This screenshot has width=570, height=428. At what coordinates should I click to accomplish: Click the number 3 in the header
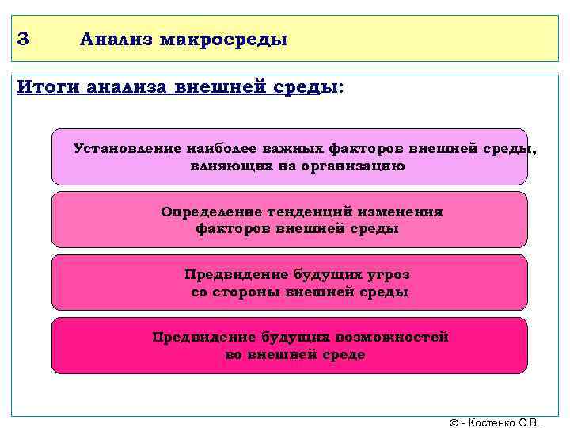22,38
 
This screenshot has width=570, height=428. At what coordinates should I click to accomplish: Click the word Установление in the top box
127,149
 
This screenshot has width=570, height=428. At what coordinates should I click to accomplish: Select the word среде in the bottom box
342,354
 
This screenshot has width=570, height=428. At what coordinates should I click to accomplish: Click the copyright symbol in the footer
453,422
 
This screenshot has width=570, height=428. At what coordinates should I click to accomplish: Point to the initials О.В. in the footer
530,422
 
